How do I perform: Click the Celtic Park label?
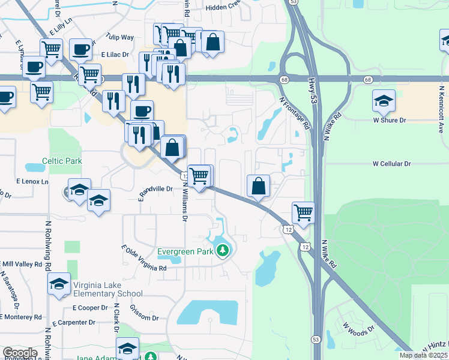tap(62, 161)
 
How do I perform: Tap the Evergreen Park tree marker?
tap(223, 250)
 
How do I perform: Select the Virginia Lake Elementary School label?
tap(107, 289)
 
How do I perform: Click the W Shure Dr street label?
tap(390, 121)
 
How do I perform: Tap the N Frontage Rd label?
tap(295, 115)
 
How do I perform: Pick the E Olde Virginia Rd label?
tap(143, 259)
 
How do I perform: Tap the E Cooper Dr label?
tap(89, 308)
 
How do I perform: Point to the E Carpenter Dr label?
tap(74, 323)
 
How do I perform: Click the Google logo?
tap(20, 353)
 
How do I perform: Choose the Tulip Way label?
tap(119, 37)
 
